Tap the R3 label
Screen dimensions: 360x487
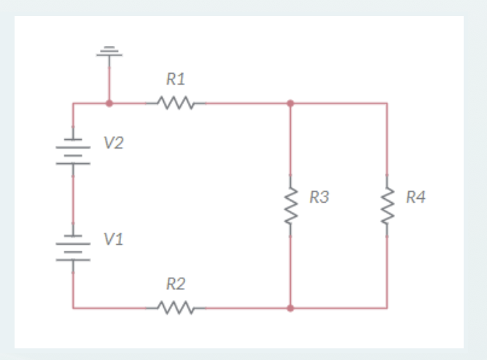(x=319, y=196)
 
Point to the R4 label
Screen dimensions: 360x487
(x=416, y=196)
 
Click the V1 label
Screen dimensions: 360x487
(x=113, y=238)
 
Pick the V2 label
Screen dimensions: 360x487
(x=113, y=143)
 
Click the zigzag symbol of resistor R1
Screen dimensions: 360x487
(x=176, y=103)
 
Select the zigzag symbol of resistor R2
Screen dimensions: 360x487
(x=176, y=308)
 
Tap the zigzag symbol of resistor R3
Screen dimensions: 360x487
(x=291, y=205)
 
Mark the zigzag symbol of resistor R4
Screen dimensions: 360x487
(x=387, y=205)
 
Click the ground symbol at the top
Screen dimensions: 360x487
(x=109, y=51)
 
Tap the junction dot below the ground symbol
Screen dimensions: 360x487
(x=109, y=103)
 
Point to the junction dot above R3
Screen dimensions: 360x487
(x=291, y=103)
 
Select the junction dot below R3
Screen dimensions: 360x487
(x=291, y=308)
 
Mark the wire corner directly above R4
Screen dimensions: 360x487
(x=387, y=103)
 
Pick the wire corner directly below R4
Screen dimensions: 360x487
(x=387, y=308)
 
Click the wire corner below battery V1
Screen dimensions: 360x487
(x=73, y=308)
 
